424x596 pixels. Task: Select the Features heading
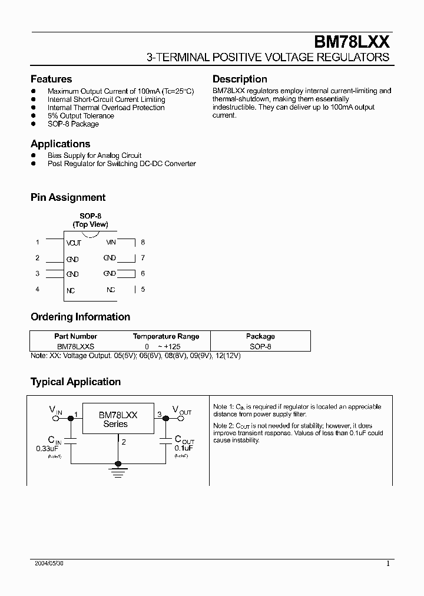51,79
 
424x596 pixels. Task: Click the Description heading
240,79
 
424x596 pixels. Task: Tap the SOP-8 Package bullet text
73,124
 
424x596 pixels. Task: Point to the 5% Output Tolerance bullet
81,116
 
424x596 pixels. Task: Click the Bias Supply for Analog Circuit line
94,155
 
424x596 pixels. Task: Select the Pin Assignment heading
68,198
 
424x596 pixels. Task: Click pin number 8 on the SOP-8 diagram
143,242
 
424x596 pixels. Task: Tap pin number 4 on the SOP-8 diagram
38,289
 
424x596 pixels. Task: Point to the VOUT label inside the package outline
74,243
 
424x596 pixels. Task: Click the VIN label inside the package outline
111,242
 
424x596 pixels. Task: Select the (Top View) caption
90,225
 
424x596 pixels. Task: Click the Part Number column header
76,336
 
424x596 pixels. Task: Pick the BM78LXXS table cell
76,347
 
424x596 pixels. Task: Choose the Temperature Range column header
166,336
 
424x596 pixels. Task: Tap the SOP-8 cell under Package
260,347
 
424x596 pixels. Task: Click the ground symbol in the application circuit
118,469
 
